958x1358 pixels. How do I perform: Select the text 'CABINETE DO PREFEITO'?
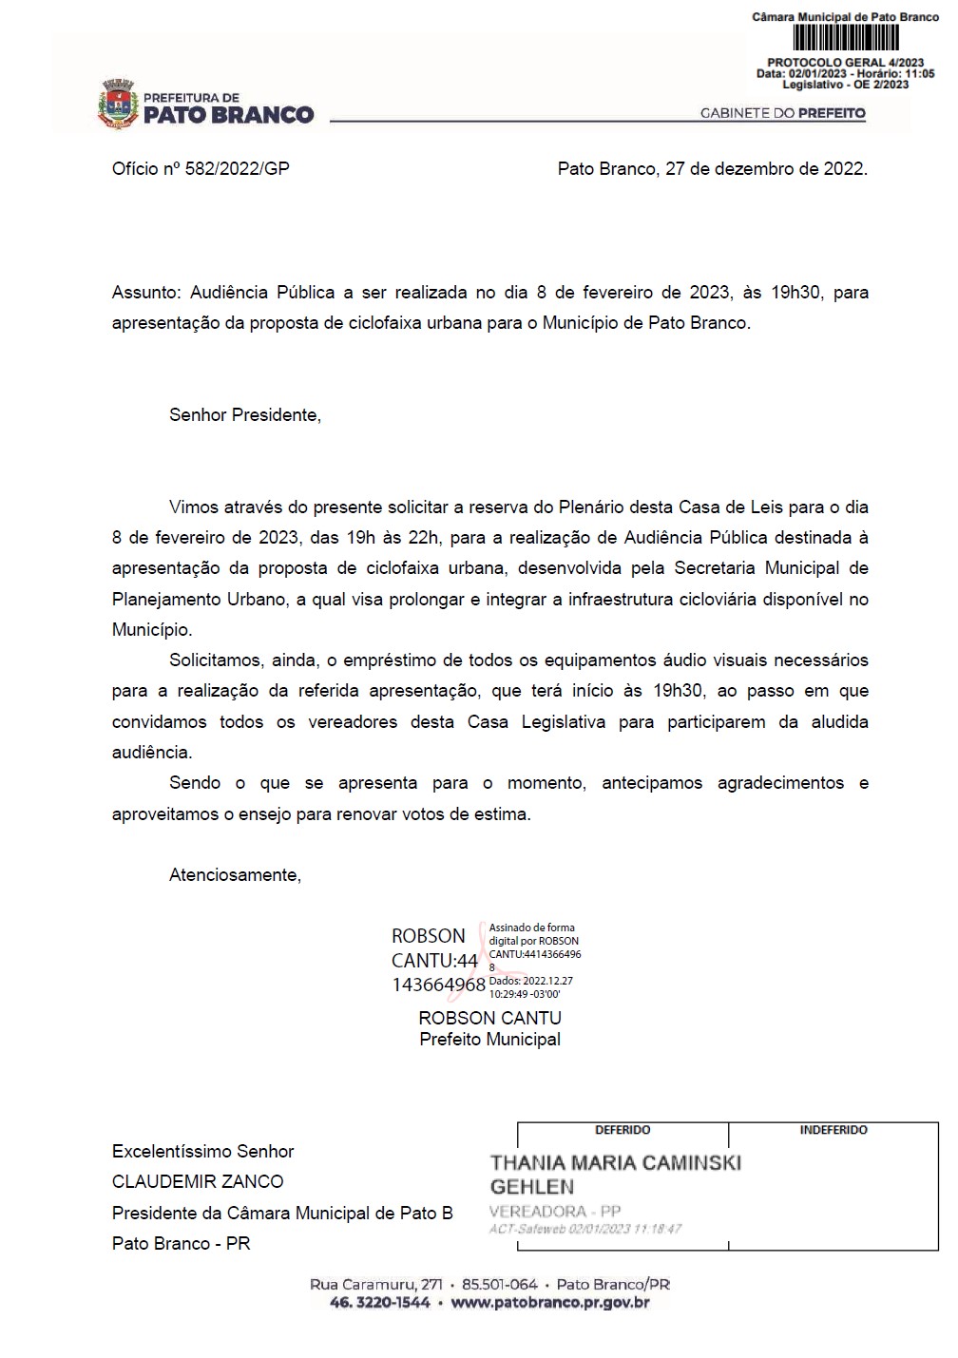782,113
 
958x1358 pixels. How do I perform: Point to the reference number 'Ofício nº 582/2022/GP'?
201,169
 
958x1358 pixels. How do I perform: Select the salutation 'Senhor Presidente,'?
245,415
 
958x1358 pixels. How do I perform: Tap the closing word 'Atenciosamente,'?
235,875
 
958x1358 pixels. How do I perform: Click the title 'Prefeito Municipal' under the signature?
489,1040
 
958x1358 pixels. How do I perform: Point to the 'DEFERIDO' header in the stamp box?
623,1131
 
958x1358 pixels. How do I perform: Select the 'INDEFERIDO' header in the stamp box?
833,1131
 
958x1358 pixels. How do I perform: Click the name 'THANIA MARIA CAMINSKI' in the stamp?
615,1163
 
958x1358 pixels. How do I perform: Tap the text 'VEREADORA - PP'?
554,1212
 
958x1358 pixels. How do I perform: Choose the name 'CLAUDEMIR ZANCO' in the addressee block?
198,1182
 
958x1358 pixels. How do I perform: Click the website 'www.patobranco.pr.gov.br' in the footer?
550,1303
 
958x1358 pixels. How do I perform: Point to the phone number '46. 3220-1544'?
379,1303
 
